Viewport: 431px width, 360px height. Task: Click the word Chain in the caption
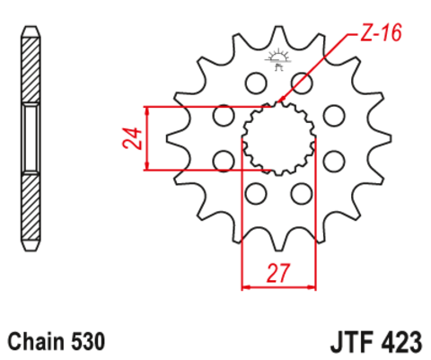click(35, 342)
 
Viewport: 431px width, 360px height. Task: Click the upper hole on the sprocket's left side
click(223, 115)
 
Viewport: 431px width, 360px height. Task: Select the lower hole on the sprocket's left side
click(223, 161)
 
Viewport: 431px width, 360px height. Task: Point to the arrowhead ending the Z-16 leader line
click(282, 101)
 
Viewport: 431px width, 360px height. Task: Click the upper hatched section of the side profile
click(31, 67)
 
